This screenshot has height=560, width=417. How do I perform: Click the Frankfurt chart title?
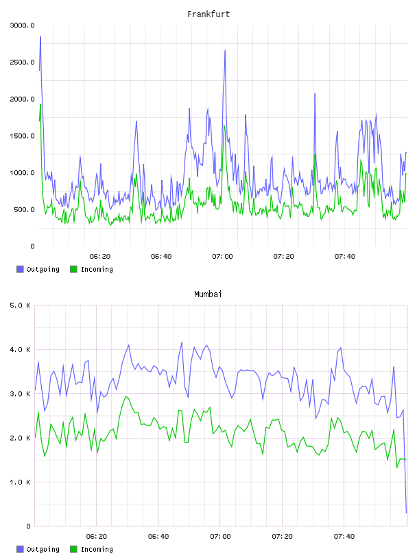(208, 14)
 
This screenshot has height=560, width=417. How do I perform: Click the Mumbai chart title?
(208, 294)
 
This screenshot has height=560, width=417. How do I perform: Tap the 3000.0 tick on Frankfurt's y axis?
(22, 25)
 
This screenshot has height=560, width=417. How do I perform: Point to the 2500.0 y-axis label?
(22, 62)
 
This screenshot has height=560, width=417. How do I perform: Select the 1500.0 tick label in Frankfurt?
(22, 136)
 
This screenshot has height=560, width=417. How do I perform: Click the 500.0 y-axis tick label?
(24, 209)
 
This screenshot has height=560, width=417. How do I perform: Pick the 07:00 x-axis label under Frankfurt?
(222, 257)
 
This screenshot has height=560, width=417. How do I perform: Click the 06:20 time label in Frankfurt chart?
(99, 257)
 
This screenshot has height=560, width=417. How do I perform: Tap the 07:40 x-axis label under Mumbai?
(344, 537)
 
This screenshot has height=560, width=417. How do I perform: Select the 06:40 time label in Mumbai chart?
(158, 537)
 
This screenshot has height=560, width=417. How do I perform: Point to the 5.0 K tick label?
(20, 305)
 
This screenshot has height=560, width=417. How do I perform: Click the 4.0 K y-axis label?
(20, 349)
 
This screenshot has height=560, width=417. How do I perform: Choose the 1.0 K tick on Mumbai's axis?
(20, 482)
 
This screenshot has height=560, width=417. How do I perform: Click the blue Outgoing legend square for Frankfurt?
(20, 269)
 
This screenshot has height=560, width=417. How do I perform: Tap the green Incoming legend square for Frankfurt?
(73, 269)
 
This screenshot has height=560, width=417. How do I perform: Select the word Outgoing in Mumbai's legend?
(43, 549)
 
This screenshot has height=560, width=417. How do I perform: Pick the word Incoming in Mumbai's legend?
(97, 549)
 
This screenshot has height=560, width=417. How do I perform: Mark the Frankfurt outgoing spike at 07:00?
(225, 51)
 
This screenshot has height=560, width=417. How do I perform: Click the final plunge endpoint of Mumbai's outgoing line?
(406, 513)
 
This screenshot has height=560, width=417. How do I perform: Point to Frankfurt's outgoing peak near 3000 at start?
(40, 37)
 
